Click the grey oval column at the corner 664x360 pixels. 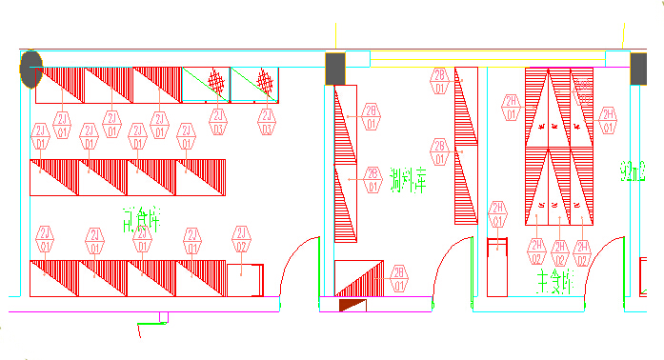pyautogui.click(x=31, y=69)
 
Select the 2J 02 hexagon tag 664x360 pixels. pyautogui.click(x=241, y=240)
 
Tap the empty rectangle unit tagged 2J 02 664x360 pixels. pyautogui.click(x=245, y=277)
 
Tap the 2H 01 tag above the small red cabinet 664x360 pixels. pyautogui.click(x=497, y=215)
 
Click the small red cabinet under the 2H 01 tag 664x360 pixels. pyautogui.click(x=495, y=257)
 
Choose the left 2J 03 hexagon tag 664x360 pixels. pyautogui.click(x=218, y=122)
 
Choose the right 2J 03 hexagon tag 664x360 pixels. pyautogui.click(x=266, y=122)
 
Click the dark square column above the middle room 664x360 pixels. pyautogui.click(x=335, y=68)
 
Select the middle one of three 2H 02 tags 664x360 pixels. pyautogui.click(x=559, y=251)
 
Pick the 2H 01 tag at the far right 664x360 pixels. pyautogui.click(x=607, y=120)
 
